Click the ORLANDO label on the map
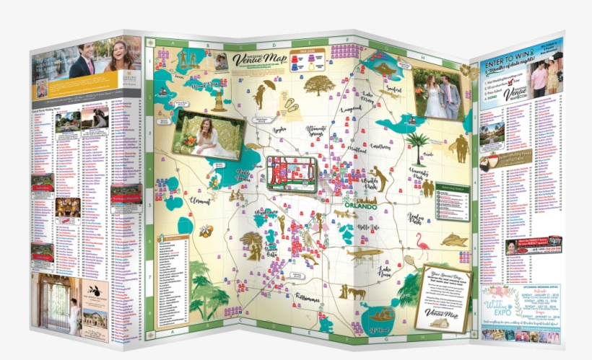(362, 206)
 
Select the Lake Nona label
(390, 272)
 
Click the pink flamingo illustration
(422, 250)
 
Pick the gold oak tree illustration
(318, 85)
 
